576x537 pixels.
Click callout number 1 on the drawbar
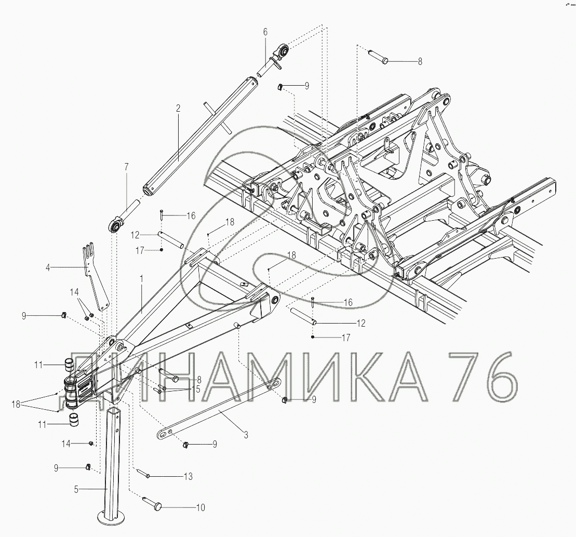[x=142, y=279]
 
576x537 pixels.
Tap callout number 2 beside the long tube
[x=178, y=109]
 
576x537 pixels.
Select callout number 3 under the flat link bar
[x=246, y=435]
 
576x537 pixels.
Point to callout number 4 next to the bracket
[x=48, y=267]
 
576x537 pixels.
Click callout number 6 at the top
[x=265, y=32]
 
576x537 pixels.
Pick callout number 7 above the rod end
[x=126, y=167]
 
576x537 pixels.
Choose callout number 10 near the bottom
[x=200, y=507]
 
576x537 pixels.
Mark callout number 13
[x=188, y=476]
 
